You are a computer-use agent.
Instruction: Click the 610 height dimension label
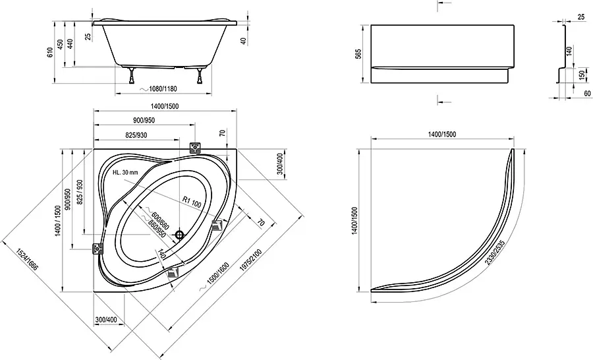[50, 52]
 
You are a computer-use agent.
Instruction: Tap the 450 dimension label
[60, 44]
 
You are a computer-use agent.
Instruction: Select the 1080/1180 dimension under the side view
[163, 89]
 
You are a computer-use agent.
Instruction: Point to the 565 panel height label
[359, 54]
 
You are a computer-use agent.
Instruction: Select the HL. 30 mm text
[125, 173]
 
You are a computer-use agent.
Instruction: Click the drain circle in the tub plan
[179, 235]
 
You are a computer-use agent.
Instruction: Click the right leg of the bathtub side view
[199, 76]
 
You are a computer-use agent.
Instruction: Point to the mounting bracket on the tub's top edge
[195, 148]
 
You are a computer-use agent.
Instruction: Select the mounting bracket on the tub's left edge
[98, 249]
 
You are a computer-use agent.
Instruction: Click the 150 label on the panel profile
[582, 75]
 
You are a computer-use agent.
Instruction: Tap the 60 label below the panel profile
[587, 93]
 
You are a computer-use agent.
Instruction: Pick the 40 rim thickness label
[244, 41]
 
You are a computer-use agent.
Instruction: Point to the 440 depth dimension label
[70, 44]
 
